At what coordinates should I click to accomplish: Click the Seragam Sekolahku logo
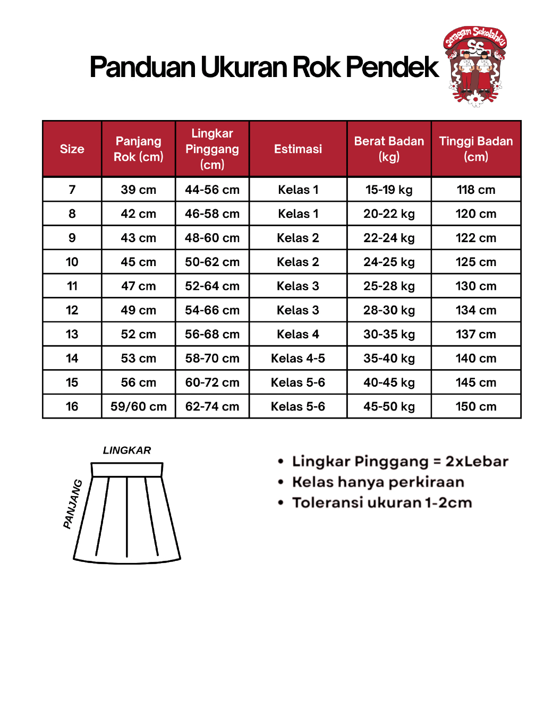475,66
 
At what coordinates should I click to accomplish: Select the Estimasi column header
298,149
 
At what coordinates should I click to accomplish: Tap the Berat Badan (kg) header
389,149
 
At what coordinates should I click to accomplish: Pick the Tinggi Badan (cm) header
475,149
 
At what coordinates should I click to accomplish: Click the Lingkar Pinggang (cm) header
212,149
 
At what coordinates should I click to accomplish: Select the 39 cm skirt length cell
138,190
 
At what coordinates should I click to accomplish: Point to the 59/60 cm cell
138,407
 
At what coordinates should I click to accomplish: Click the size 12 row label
72,310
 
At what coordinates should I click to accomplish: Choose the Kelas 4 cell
298,335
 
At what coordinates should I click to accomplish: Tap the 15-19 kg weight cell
389,190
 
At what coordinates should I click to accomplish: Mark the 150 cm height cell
475,407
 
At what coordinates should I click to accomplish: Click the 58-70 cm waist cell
212,359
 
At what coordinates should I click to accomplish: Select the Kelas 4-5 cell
298,359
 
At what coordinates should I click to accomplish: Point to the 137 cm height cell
475,335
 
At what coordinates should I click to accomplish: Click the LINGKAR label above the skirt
127,450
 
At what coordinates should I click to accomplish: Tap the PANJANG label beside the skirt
73,504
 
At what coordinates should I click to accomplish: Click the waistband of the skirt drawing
127,470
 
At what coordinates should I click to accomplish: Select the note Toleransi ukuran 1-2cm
381,502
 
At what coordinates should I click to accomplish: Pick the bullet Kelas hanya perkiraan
378,482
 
